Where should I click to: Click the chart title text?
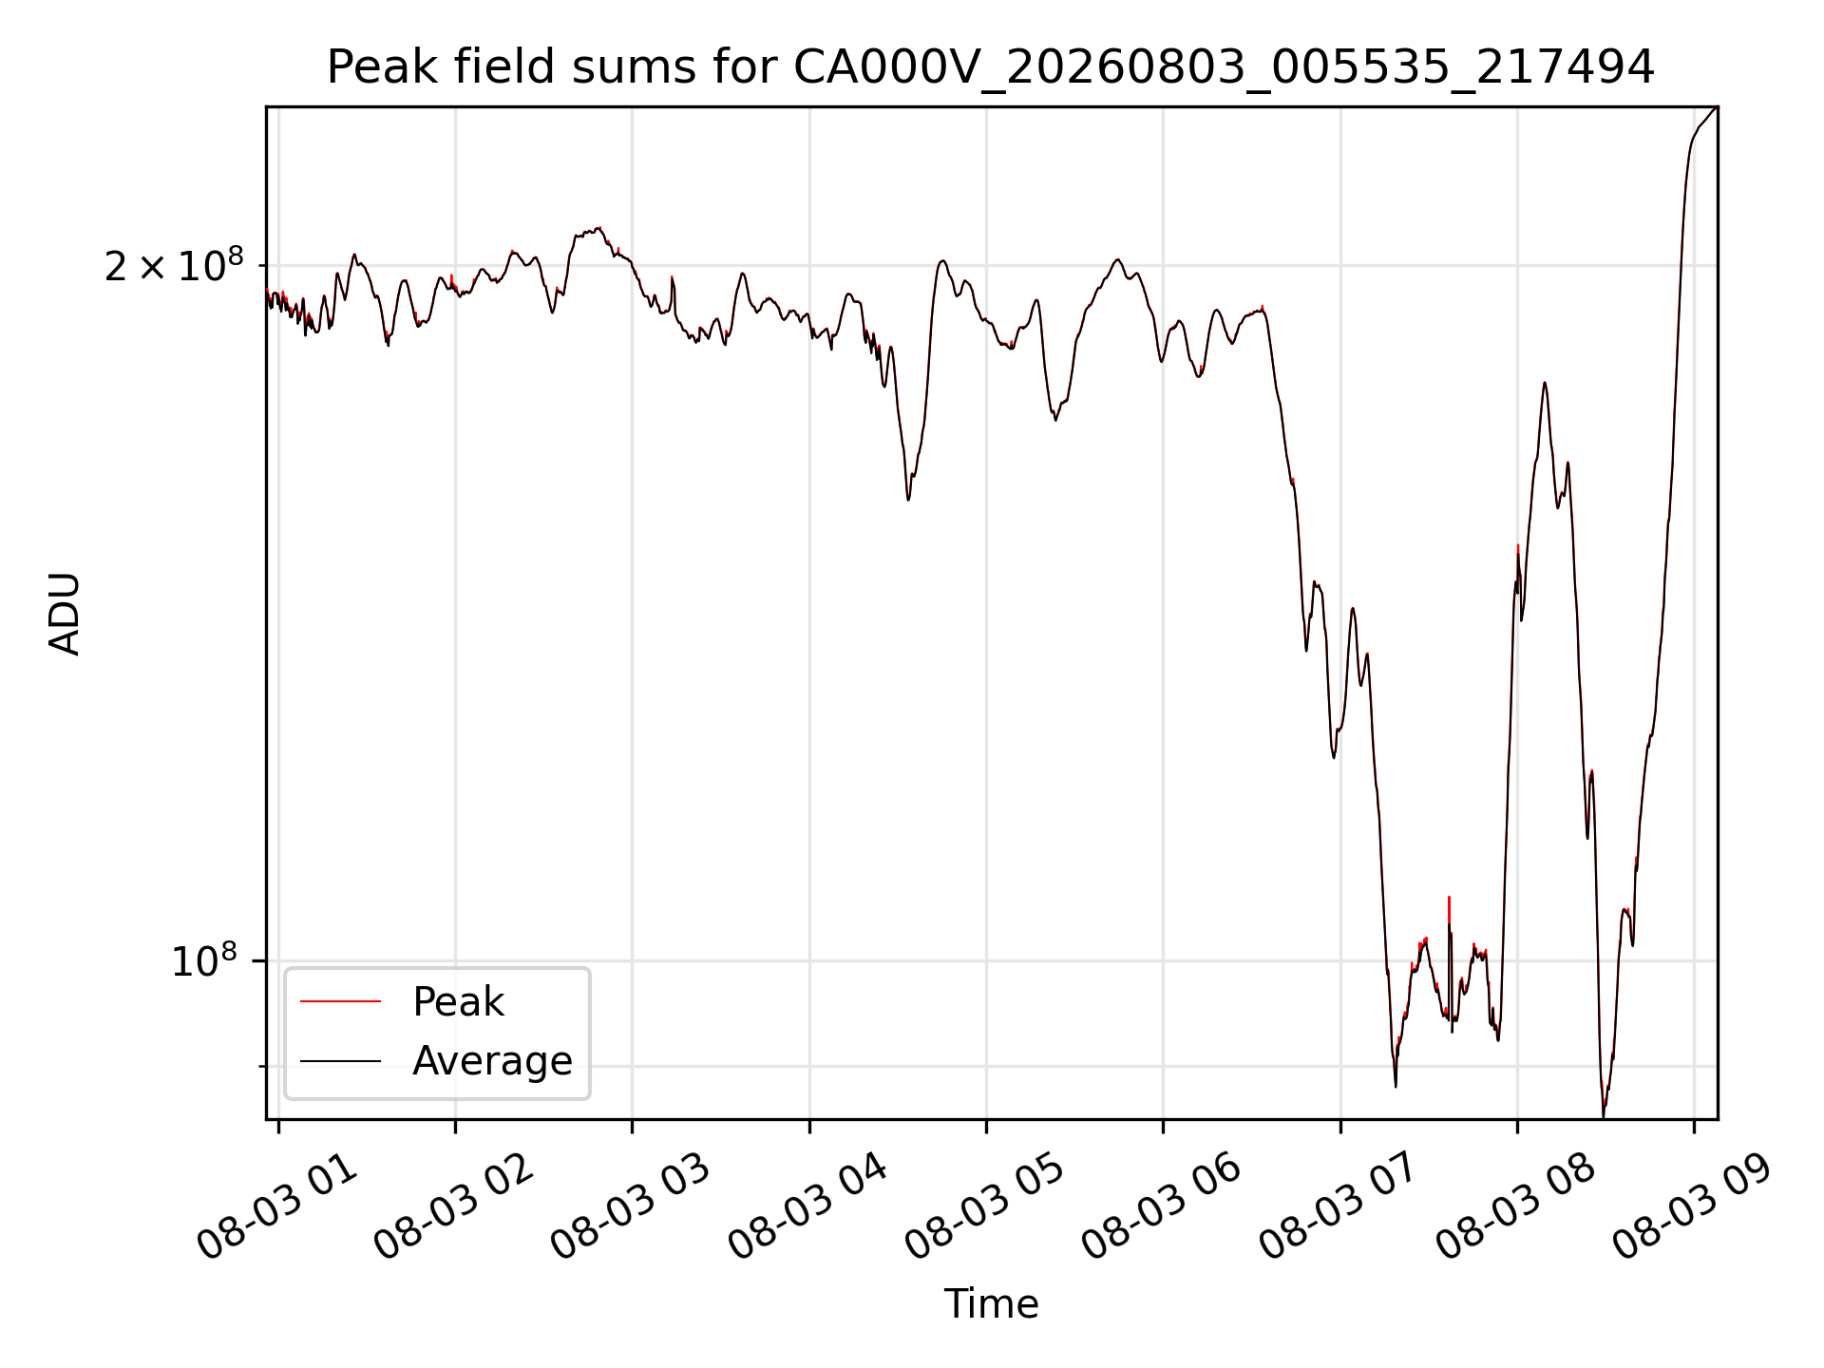(991, 67)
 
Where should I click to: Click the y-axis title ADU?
(65, 614)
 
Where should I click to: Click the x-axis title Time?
(991, 1303)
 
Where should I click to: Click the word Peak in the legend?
(458, 1002)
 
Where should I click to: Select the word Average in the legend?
(492, 1060)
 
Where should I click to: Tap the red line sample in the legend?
(340, 1002)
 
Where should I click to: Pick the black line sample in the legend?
(340, 1060)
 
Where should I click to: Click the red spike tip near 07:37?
(1449, 897)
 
